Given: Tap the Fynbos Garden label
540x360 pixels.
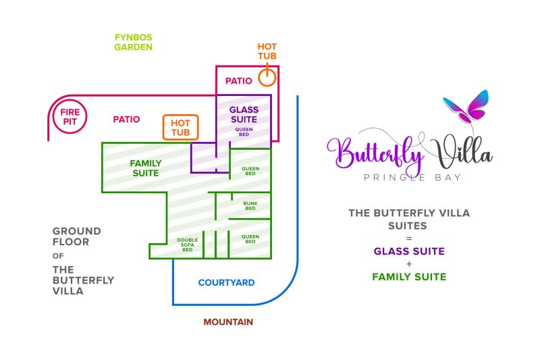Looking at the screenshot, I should [x=133, y=43].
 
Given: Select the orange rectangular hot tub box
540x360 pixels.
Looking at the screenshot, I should [x=180, y=127].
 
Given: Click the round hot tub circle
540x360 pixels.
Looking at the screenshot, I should [x=267, y=77].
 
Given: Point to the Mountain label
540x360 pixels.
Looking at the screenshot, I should [x=228, y=322].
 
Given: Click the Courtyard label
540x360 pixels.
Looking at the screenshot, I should [x=226, y=282].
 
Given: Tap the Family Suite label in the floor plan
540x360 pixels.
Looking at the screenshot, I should [x=145, y=168].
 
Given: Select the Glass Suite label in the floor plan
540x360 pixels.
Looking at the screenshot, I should [x=244, y=114].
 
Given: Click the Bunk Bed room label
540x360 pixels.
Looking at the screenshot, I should [x=250, y=205].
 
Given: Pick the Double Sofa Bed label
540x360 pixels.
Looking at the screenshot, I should [x=187, y=245].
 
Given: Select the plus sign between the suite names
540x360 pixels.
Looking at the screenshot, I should [x=409, y=263].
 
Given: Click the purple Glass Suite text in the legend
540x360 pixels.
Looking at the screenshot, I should [x=409, y=251].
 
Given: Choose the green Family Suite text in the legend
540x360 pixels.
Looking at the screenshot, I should [x=409, y=276].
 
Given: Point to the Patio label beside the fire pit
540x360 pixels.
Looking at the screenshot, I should [x=126, y=119].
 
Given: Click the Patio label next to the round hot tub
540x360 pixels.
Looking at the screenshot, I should [x=238, y=80].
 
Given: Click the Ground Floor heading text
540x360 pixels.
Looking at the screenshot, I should [x=77, y=236].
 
